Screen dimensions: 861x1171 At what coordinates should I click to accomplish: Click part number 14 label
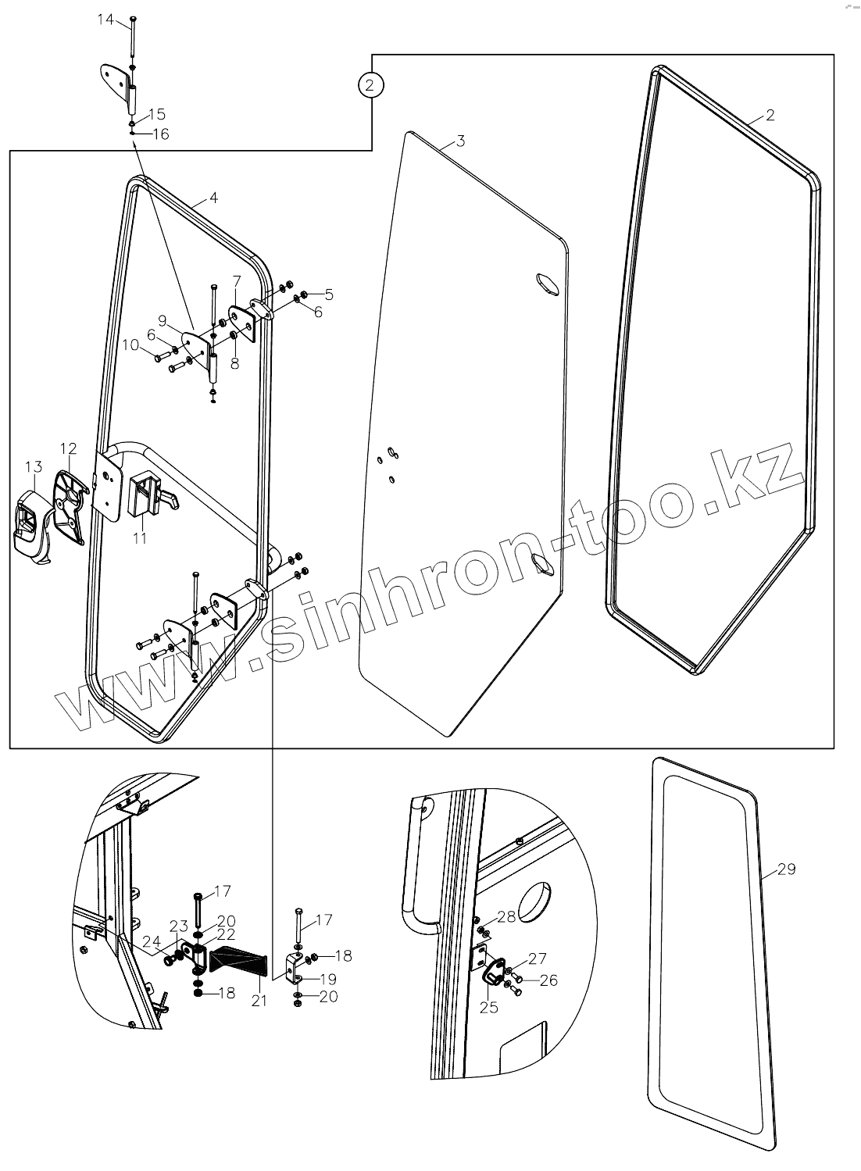105,20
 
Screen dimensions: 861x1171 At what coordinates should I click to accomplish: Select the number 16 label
159,134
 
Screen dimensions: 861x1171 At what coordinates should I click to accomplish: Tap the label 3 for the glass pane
460,141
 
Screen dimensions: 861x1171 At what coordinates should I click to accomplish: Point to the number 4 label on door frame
213,198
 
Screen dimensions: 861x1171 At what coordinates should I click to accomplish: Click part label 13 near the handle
33,466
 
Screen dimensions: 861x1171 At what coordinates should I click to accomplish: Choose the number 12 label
69,448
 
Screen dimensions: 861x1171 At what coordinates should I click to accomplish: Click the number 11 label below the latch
140,537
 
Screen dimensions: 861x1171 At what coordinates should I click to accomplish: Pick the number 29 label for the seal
786,869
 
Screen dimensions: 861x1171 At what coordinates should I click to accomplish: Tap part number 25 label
488,1007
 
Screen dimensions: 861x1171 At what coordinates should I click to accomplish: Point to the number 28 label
506,916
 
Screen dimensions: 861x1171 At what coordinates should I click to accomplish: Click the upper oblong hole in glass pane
546,284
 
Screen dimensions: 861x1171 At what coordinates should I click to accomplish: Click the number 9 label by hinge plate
163,320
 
